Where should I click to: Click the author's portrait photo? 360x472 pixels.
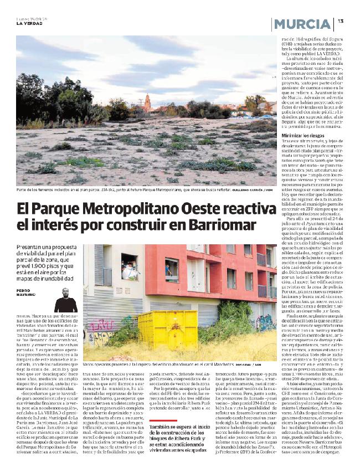tap(65, 297)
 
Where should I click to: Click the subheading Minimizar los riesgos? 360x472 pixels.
tap(304, 135)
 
